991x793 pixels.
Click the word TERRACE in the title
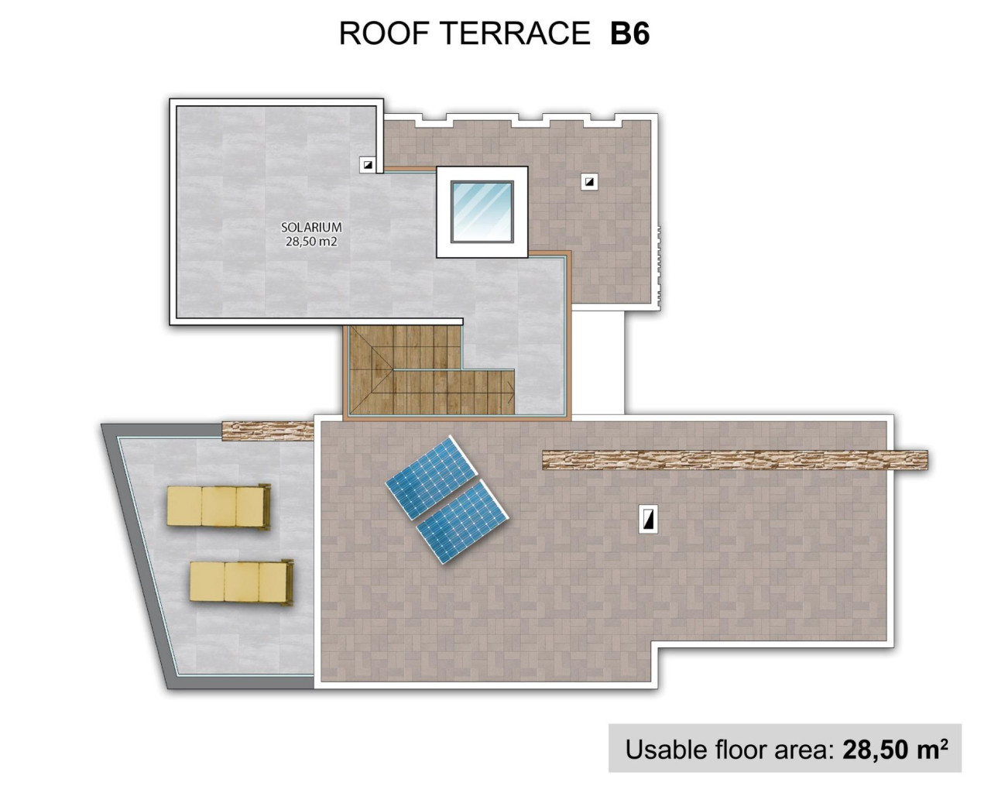pos(515,33)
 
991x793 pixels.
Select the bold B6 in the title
pos(629,33)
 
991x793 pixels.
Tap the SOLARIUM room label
pos(311,228)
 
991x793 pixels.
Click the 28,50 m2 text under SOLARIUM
pos(311,242)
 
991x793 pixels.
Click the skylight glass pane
pos(482,211)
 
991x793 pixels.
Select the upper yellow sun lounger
pos(219,507)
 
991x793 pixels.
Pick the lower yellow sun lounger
pos(242,582)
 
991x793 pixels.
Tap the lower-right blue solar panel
pos(462,521)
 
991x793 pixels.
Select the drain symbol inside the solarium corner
pos(368,164)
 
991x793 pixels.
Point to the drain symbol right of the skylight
pos(590,182)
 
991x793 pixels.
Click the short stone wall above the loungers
pos(268,430)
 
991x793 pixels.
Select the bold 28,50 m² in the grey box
pos(895,749)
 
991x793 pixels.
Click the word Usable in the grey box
pos(666,749)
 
